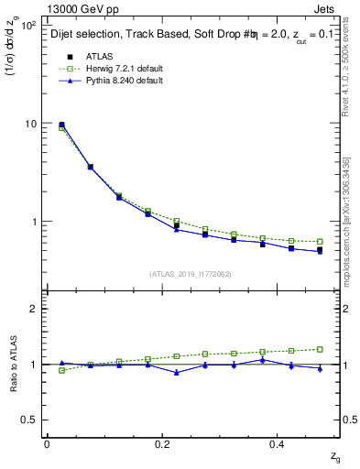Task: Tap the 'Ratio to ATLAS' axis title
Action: pos(12,364)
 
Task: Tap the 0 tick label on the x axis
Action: pos(47,443)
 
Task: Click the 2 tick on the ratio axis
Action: pos(33,309)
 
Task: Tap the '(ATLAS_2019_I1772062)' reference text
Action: pos(190,274)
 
